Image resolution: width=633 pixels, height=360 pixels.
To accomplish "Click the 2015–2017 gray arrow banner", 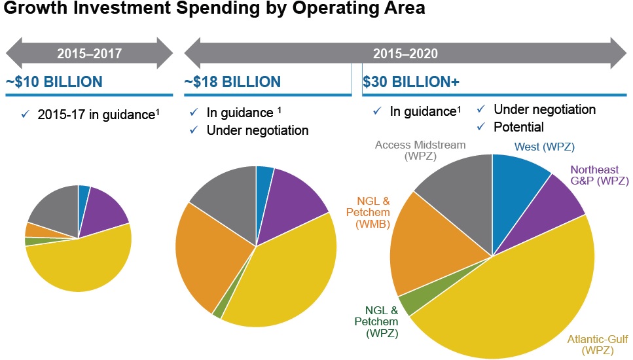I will click(x=89, y=53).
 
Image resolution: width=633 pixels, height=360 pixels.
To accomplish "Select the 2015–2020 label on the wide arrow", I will click(x=405, y=53).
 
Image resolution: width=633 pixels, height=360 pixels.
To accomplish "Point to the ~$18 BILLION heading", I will click(x=232, y=82).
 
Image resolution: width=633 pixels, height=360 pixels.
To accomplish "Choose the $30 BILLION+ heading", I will click(x=411, y=82).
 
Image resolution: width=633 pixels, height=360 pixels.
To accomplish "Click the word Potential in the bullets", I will click(x=518, y=126).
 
